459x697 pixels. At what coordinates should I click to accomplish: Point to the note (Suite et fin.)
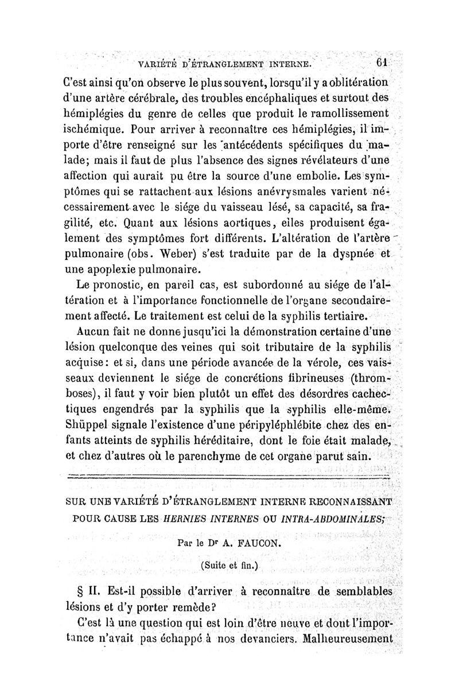pyautogui.click(x=229, y=564)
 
